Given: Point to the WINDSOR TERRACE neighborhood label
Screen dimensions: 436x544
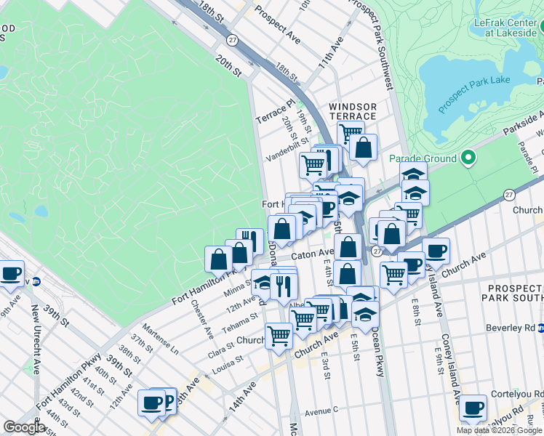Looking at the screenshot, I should point(352,111).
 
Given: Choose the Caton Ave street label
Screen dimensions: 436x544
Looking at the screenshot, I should point(312,255).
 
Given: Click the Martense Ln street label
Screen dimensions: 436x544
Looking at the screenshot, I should point(162,336).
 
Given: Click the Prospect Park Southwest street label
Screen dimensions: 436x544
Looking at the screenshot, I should point(373,44).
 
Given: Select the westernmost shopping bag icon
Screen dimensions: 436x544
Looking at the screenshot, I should point(218,258).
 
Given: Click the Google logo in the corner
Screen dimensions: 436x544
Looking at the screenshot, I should point(24,427).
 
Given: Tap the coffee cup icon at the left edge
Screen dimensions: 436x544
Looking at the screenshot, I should point(10,273).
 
